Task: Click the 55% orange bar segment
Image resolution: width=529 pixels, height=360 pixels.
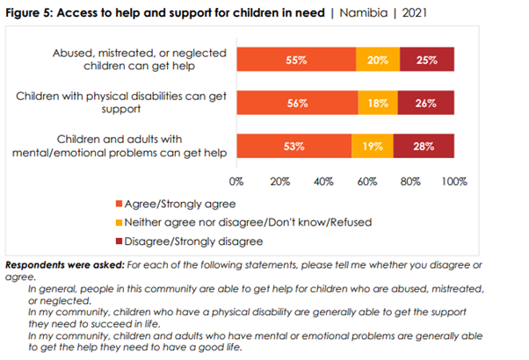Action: click(x=296, y=60)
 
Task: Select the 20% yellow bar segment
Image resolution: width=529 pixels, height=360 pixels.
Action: click(x=378, y=60)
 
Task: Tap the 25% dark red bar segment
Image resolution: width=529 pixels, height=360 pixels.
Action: click(x=427, y=60)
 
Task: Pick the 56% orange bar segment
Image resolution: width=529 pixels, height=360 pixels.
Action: click(x=297, y=103)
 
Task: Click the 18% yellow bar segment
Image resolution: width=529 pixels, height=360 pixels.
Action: click(x=378, y=103)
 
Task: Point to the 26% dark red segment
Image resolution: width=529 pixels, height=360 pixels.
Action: click(x=426, y=103)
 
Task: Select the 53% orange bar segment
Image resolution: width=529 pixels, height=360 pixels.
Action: click(x=293, y=146)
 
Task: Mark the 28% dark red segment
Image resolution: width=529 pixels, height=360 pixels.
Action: click(x=424, y=146)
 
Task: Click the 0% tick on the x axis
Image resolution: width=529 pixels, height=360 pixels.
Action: click(x=236, y=182)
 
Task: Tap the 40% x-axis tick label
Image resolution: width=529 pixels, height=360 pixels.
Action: click(x=323, y=182)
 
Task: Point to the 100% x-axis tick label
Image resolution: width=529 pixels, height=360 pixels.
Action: click(x=453, y=182)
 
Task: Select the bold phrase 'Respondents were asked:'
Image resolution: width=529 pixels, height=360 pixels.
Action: click(x=65, y=264)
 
